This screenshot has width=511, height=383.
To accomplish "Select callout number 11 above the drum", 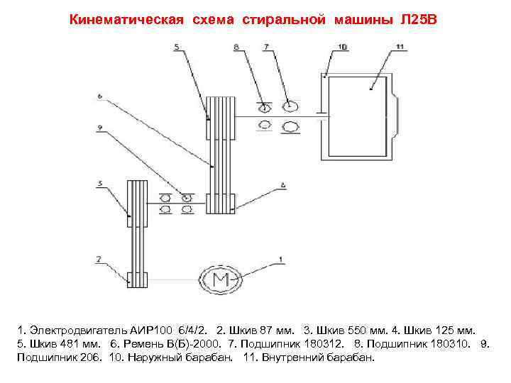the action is coord(399,47).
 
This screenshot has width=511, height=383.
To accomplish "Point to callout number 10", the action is coord(343,47).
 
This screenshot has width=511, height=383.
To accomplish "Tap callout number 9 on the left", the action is coord(101,128).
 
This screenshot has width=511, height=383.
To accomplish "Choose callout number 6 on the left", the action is coord(100,96).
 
